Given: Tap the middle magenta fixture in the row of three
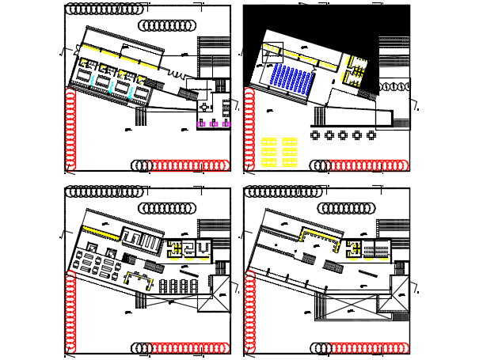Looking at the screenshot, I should pos(214,123).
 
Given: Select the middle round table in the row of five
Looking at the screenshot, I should pos(343,135).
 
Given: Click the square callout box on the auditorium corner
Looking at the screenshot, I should pos(272,51).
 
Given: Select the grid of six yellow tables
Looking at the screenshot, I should pos(280,152).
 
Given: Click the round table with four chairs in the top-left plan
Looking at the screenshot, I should pos(204,107).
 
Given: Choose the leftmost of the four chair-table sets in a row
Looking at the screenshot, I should pos(163,286).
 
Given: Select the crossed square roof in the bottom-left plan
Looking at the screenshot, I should pos(214,294).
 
